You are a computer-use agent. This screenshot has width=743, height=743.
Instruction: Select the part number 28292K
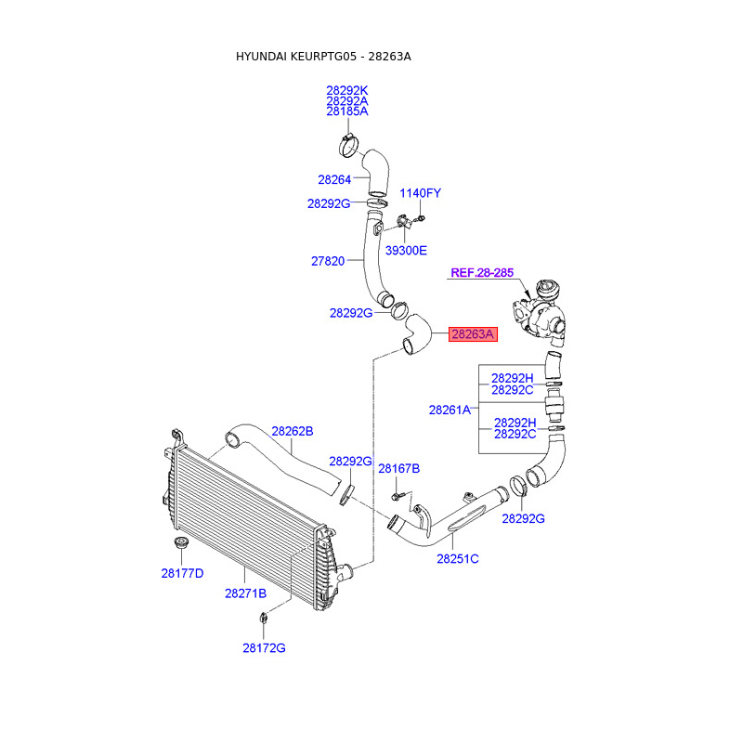[x=347, y=90]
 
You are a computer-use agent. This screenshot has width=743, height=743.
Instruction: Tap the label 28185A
[x=347, y=111]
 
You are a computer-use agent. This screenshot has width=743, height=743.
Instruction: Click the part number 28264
[x=334, y=180]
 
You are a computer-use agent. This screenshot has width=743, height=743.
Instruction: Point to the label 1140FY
[x=420, y=193]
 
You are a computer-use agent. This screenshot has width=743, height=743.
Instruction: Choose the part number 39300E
[x=407, y=250]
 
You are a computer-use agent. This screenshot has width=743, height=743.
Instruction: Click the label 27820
[x=328, y=262]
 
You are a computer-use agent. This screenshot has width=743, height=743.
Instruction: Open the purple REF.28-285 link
[x=482, y=273]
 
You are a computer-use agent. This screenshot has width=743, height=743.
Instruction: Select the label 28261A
[x=450, y=409]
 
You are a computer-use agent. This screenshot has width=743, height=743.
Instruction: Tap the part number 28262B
[x=293, y=431]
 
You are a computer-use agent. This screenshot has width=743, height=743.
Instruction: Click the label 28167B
[x=398, y=469]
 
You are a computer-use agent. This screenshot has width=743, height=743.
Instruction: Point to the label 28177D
[x=182, y=574]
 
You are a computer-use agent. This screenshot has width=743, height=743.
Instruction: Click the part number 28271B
[x=245, y=593]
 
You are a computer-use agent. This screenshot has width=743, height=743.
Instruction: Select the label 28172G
[x=265, y=647]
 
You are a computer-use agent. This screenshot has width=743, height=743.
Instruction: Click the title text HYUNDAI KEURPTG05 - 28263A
[x=323, y=57]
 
